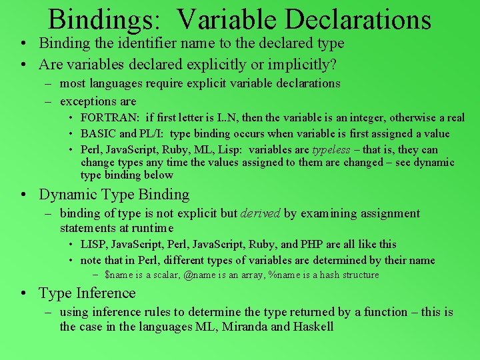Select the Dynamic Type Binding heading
(114, 195)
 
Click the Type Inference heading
(87, 293)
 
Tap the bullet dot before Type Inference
(23, 294)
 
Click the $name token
(119, 275)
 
